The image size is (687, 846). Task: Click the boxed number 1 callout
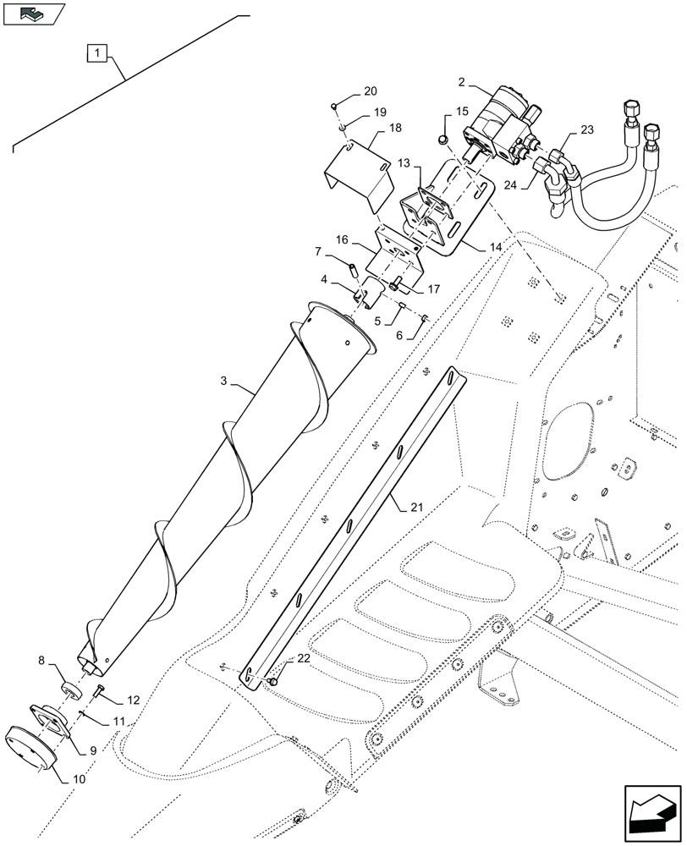click(99, 54)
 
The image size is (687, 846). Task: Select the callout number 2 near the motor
click(463, 83)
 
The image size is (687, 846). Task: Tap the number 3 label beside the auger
click(224, 382)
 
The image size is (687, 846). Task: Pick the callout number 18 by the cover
click(395, 128)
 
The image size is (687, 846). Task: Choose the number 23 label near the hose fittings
click(587, 130)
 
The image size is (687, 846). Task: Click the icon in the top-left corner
click(33, 14)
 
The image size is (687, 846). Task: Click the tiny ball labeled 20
click(335, 105)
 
